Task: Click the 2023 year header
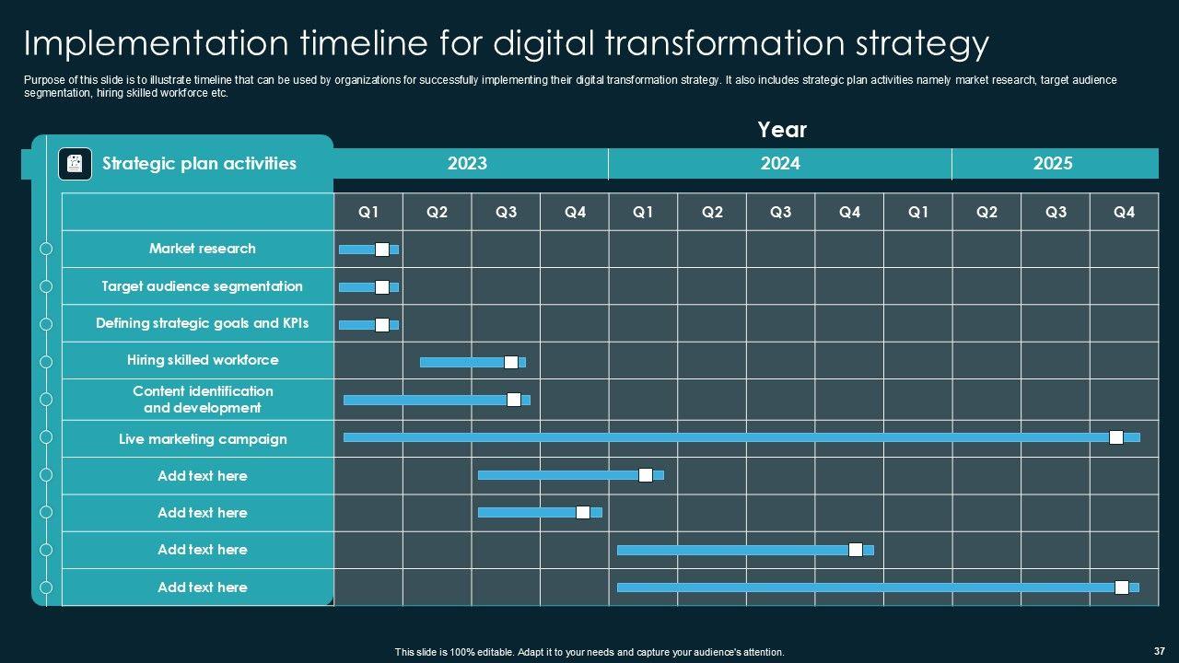point(467,164)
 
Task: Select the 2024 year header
point(780,164)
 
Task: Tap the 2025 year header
point(1053,164)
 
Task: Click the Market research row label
point(203,249)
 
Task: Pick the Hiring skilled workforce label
point(203,360)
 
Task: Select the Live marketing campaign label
point(203,439)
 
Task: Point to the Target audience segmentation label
point(202,286)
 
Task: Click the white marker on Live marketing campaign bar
point(1116,437)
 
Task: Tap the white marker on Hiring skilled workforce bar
point(511,362)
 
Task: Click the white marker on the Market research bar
point(382,250)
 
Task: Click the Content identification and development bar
point(424,400)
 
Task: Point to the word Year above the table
point(782,130)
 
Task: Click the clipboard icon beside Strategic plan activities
point(75,164)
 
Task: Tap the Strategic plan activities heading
point(199,164)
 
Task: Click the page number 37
point(1159,650)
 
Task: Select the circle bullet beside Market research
point(46,249)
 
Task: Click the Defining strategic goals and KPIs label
point(202,323)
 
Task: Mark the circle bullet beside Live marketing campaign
point(46,438)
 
